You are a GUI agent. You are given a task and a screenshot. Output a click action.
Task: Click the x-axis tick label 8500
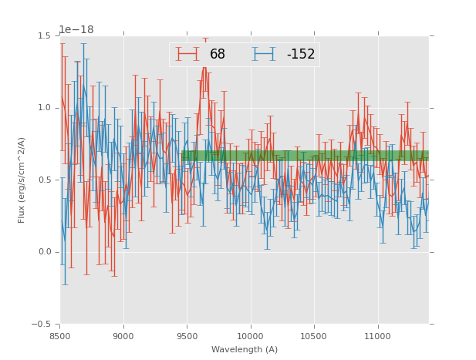60,335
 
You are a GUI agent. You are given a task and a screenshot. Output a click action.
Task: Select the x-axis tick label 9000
123,335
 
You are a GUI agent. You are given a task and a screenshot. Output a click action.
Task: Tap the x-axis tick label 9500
187,335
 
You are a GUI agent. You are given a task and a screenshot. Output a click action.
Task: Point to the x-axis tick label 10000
250,335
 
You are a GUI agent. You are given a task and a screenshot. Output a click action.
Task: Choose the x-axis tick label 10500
314,335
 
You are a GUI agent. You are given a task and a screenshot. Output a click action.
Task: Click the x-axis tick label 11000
377,335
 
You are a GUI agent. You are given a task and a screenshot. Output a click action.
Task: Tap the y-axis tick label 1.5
44,35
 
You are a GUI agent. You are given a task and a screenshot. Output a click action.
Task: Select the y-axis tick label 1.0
44,108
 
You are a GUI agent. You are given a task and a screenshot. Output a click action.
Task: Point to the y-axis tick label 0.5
44,180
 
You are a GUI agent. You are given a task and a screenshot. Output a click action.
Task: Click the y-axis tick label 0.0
44,252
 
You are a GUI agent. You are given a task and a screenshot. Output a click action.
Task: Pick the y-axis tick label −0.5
42,325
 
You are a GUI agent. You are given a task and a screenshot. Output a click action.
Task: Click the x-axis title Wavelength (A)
245,349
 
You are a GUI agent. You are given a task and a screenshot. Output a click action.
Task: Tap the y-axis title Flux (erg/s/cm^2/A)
22,180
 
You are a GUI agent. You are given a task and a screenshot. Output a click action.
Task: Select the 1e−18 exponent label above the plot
76,29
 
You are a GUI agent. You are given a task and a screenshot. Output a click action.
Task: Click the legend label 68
218,54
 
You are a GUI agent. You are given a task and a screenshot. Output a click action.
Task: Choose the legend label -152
301,54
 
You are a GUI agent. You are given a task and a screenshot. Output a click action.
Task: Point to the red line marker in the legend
187,54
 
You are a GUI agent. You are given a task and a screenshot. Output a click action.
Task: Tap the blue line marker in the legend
265,54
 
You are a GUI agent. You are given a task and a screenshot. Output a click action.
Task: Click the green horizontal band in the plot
309,156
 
